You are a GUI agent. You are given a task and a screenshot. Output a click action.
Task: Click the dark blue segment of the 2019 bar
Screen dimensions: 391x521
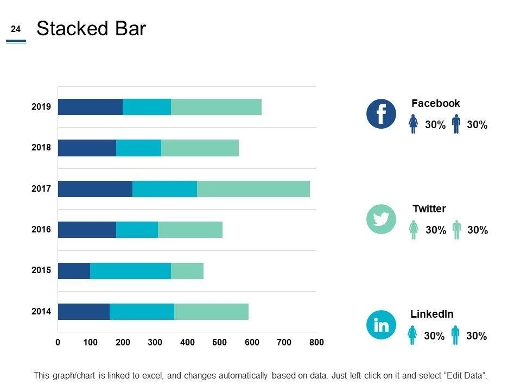pos(90,107)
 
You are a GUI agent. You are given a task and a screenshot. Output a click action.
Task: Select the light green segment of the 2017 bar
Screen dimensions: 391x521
pos(253,189)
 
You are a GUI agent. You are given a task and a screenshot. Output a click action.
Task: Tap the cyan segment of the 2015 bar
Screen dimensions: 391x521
pos(130,271)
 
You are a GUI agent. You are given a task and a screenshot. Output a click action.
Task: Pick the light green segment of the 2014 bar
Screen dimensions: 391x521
pos(211,312)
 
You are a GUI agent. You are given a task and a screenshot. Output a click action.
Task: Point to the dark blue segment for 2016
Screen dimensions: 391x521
pos(87,230)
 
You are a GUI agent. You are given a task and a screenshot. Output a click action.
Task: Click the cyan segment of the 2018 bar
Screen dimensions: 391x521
pos(138,148)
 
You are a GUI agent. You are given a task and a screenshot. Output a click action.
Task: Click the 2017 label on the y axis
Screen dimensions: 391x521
pos(41,189)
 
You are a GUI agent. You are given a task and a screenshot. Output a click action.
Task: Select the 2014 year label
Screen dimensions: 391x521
pos(41,312)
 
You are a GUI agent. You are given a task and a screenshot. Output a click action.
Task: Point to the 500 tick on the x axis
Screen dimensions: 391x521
pos(219,343)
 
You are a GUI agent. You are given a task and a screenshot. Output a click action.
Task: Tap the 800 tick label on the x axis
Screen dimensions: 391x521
pos(316,343)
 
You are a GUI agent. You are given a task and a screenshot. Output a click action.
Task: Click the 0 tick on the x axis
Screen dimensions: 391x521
pos(58,343)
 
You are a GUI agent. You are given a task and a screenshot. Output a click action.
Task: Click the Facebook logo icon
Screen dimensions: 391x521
pos(382,114)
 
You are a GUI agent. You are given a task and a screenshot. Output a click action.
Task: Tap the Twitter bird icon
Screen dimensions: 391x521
pos(382,219)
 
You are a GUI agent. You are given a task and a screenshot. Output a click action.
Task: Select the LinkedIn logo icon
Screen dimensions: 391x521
pos(382,325)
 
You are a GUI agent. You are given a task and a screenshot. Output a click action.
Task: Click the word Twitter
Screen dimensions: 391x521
pos(429,209)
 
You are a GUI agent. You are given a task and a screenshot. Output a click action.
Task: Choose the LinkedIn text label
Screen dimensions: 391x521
pos(431,314)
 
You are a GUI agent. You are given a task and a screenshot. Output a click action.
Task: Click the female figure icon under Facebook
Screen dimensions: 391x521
pos(414,124)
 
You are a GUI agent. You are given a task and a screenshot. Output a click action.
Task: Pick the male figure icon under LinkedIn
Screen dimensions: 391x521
pos(455,335)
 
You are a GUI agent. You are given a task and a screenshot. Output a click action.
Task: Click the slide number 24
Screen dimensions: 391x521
pos(16,29)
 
